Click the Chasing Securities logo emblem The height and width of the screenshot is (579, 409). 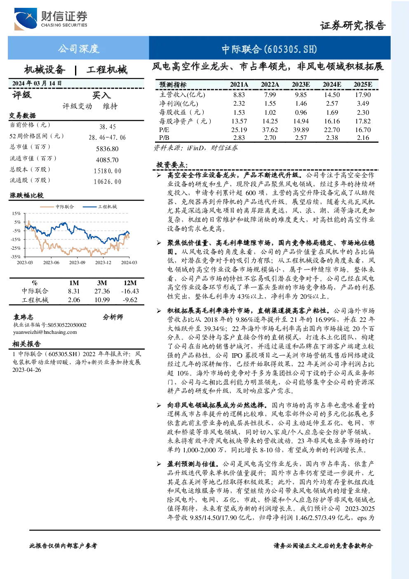[25, 19]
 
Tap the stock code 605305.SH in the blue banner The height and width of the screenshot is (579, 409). [291, 49]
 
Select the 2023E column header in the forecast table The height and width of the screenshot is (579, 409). [301, 85]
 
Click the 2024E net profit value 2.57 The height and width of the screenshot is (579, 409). [332, 104]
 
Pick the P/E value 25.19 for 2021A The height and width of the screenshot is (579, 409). [239, 130]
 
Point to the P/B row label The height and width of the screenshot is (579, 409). [164, 138]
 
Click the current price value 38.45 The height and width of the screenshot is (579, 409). [108, 127]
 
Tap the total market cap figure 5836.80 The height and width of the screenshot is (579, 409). [107, 149]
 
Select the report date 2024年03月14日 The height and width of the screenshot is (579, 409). [37, 83]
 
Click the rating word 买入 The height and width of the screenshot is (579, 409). [101, 95]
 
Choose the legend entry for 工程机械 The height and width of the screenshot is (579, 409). [100, 206]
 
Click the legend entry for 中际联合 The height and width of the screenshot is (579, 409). [57, 206]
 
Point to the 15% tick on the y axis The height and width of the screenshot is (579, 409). [16, 213]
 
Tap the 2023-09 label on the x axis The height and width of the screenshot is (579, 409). [77, 262]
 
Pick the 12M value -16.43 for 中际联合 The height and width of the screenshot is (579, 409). [130, 291]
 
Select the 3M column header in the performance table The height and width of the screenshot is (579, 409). [102, 283]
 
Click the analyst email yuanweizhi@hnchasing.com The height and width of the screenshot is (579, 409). [45, 332]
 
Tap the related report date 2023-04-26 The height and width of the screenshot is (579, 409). [27, 370]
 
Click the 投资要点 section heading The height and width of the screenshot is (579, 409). [172, 165]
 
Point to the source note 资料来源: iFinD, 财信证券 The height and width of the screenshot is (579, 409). [195, 148]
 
